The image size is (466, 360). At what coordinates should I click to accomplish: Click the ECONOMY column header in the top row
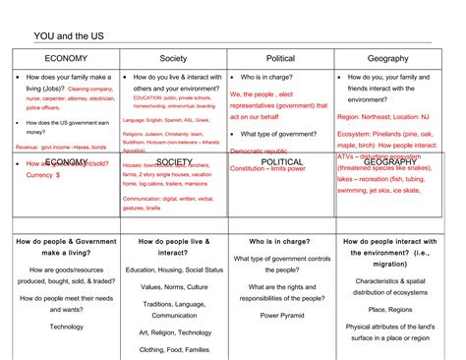tap(66, 59)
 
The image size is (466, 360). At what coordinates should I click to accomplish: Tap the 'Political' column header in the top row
tap(279, 59)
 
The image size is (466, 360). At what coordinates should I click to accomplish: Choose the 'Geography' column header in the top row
tap(387, 59)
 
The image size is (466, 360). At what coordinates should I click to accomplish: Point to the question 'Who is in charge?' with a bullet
tap(271, 78)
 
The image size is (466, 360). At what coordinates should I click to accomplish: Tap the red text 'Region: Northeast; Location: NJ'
tap(385, 115)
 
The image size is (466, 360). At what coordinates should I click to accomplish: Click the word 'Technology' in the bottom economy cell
tap(67, 326)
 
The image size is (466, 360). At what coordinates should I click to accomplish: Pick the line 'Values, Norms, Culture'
tap(174, 286)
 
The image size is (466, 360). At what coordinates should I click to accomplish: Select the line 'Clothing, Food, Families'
tap(174, 349)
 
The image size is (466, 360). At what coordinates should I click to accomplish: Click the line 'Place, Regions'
tap(387, 309)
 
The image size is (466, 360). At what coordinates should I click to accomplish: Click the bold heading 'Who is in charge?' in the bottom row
tap(280, 240)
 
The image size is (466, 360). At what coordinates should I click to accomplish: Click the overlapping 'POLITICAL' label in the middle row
tap(282, 161)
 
